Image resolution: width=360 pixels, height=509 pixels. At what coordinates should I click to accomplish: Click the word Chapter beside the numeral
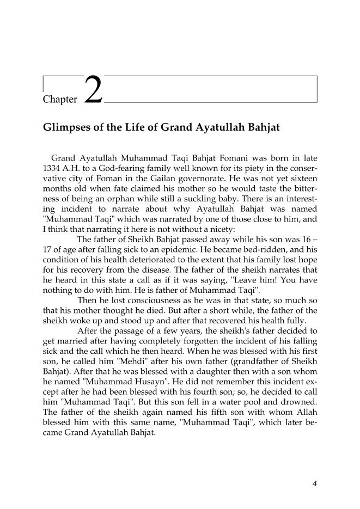(60, 100)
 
